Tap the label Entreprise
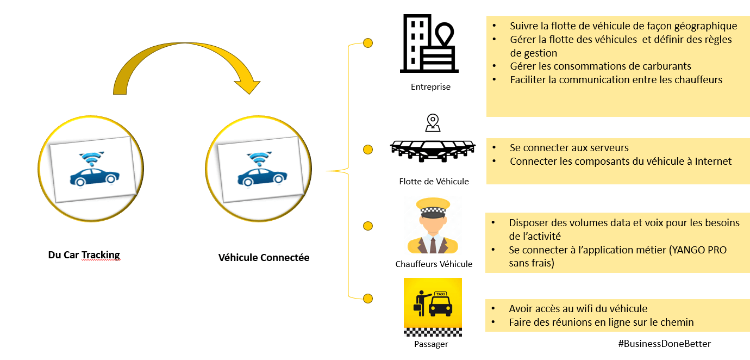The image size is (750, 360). pyautogui.click(x=430, y=87)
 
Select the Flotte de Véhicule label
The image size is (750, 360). pyautogui.click(x=433, y=182)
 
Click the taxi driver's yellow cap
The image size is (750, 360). pyautogui.click(x=433, y=206)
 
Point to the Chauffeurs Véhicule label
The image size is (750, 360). pyautogui.click(x=434, y=264)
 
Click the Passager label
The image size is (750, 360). pyautogui.click(x=430, y=344)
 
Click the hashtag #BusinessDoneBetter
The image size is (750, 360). pyautogui.click(x=664, y=344)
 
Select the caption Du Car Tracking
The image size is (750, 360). pyautogui.click(x=84, y=255)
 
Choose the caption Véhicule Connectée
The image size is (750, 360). pyautogui.click(x=264, y=258)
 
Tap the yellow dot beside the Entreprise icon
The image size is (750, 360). pyautogui.click(x=368, y=42)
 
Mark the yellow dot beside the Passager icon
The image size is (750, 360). pyautogui.click(x=368, y=298)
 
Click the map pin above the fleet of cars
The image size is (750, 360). pyautogui.click(x=433, y=122)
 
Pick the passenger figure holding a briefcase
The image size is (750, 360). pyautogui.click(x=421, y=302)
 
